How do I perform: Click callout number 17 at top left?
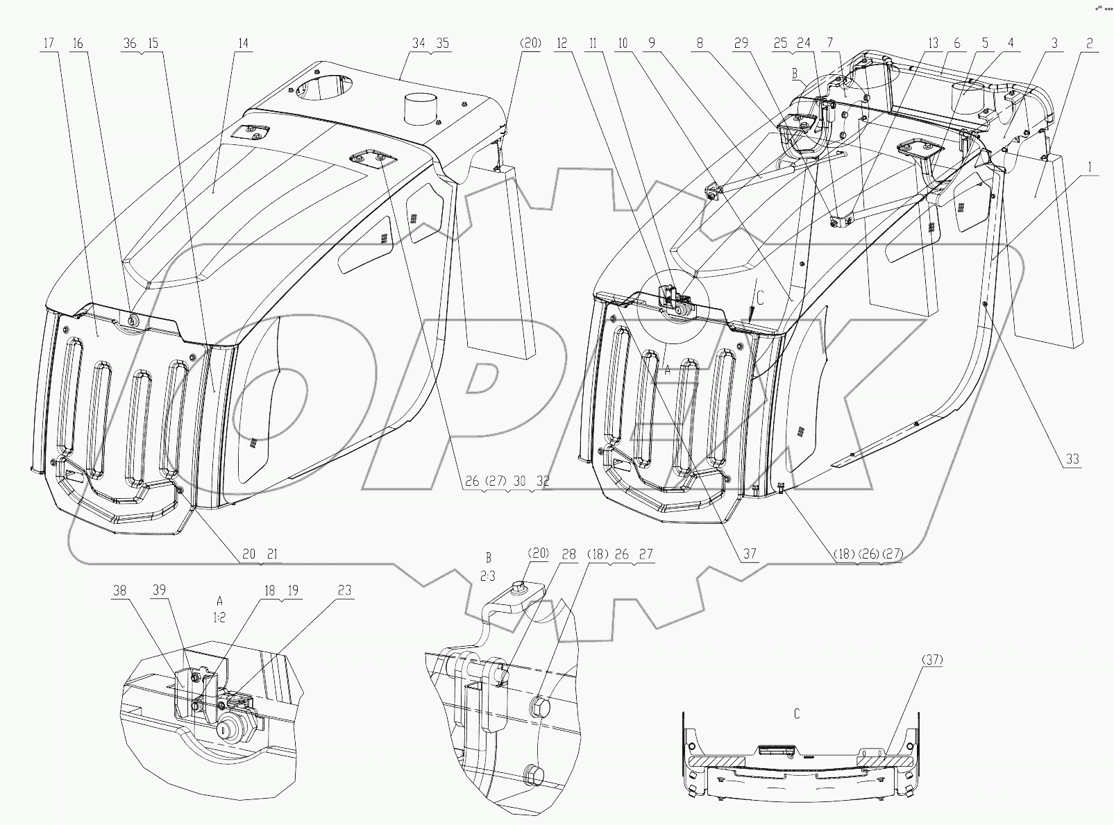(x=48, y=43)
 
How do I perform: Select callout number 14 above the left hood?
(x=242, y=43)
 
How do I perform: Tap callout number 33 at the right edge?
(x=1072, y=459)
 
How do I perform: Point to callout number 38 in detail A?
(x=119, y=590)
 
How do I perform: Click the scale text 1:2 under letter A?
(x=219, y=618)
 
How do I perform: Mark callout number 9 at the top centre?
(x=651, y=43)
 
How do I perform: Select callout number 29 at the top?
(x=741, y=43)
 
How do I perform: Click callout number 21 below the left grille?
(x=271, y=554)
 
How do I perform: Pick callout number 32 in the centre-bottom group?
(x=543, y=481)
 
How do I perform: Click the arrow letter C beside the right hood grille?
(x=759, y=299)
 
